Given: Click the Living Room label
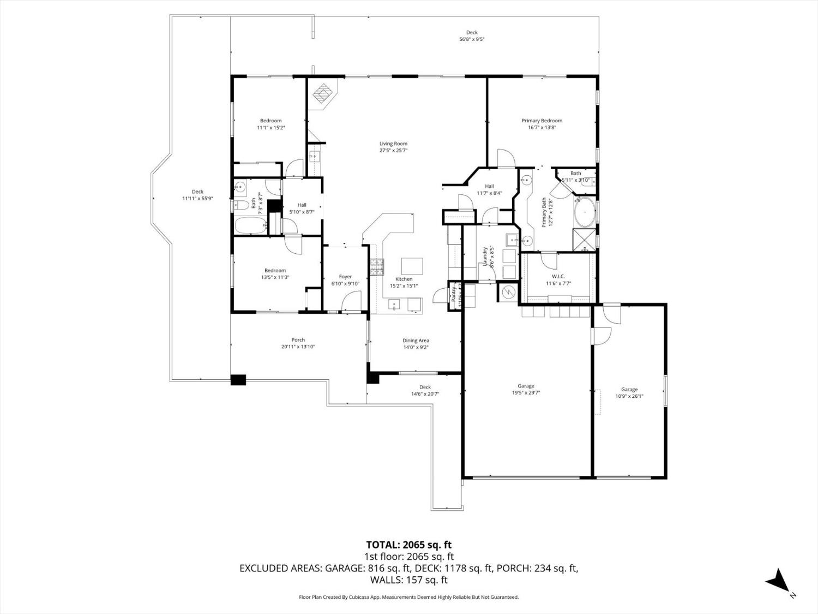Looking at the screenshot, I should coord(393,144).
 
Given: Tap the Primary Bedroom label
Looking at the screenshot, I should coord(542,121).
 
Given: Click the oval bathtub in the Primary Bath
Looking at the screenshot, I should coord(584,213).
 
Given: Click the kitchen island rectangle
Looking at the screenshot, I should coord(412,266).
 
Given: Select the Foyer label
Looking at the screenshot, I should coord(345,277).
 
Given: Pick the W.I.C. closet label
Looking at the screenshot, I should coord(557,276).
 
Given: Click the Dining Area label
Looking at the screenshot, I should coord(416,340).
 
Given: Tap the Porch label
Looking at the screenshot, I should coord(298,339).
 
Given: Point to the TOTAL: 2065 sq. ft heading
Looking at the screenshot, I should coord(408,545).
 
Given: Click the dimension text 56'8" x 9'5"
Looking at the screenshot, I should coord(472,39).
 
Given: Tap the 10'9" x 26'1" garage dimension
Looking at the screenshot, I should coord(629,397).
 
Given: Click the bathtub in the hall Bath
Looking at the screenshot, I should coord(250,225).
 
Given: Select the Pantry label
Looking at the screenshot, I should coord(453,294).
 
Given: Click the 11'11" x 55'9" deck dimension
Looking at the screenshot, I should coord(197,199).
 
